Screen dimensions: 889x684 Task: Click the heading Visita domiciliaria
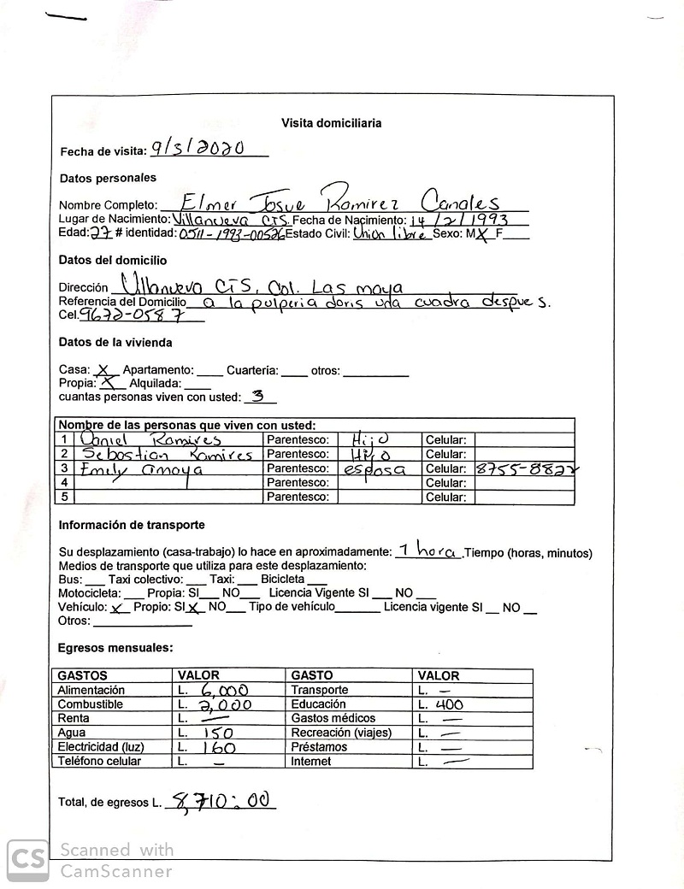(331, 123)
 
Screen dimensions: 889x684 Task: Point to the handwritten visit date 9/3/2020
(198, 148)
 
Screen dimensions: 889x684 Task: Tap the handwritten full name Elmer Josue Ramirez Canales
(341, 202)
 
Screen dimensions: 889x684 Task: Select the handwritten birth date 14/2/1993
(458, 221)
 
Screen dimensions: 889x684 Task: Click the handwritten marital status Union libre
(392, 233)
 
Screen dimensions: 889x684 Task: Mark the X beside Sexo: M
(484, 234)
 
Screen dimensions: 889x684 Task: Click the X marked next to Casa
(103, 370)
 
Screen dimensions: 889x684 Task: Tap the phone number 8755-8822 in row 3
(524, 468)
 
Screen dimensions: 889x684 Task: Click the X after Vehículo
(117, 608)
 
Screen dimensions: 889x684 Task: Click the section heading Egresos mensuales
(115, 649)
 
